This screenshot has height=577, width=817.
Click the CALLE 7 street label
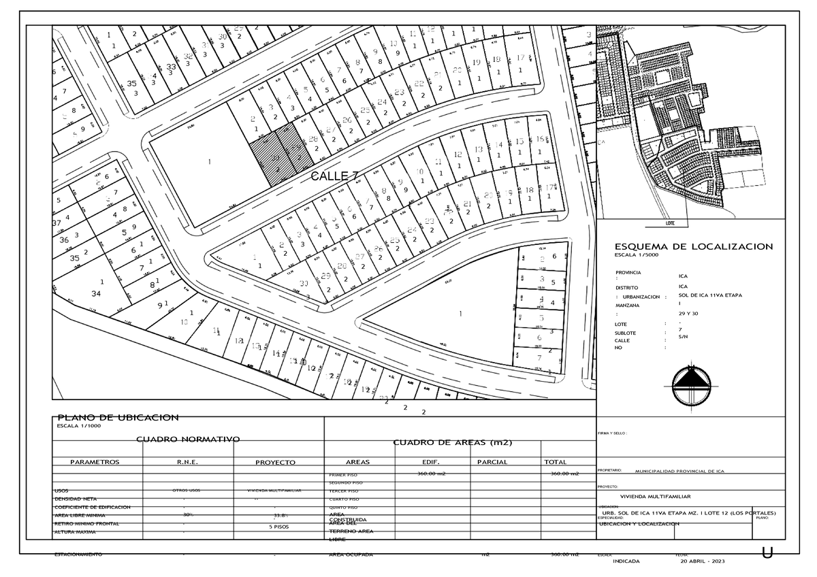[x=335, y=176]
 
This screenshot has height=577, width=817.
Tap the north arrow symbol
[x=691, y=386]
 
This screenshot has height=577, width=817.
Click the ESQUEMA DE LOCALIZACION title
[x=693, y=246]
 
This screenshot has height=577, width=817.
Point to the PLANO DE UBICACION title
[x=118, y=417]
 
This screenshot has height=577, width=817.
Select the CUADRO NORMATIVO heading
[x=188, y=440]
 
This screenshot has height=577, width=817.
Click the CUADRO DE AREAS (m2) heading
[x=452, y=443]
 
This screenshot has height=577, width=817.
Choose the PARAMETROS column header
[x=95, y=462]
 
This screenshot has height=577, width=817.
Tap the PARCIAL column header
[x=492, y=462]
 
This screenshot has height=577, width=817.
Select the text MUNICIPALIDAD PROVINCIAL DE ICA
[x=689, y=471]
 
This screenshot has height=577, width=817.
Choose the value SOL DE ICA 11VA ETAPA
[x=710, y=296]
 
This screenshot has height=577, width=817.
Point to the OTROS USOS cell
[x=187, y=490]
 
